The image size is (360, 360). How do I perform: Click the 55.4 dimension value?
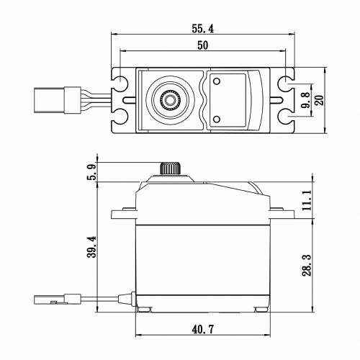click(x=202, y=29)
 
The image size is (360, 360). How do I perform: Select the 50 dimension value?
click(x=203, y=45)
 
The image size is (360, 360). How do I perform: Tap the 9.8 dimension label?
click(x=306, y=100)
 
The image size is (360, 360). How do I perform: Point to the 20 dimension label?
click(x=320, y=100)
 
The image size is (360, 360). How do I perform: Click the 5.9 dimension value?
click(x=91, y=171)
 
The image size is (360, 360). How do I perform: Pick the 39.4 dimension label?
click(x=91, y=247)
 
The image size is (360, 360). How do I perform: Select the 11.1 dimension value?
click(x=307, y=200)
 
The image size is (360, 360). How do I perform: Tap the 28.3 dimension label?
click(x=307, y=265)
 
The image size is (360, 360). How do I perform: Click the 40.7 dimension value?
click(x=203, y=329)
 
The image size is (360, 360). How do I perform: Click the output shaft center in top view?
click(x=170, y=100)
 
